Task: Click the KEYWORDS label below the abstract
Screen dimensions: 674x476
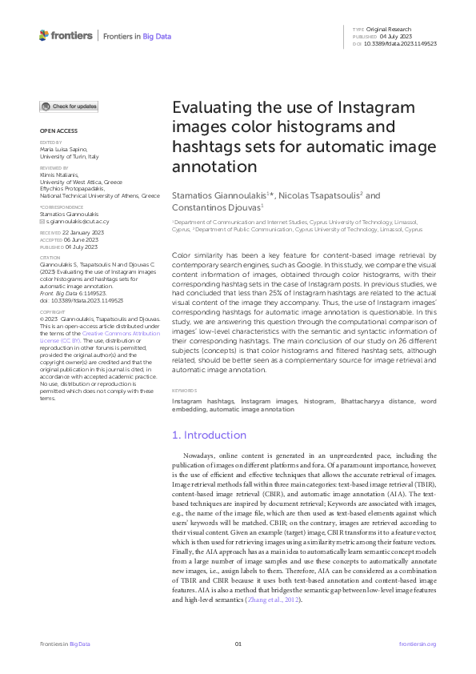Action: [183, 390]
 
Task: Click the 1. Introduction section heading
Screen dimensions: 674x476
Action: [210, 435]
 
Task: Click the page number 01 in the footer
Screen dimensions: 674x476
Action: [238, 644]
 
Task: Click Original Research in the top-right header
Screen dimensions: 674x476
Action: [393, 30]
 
